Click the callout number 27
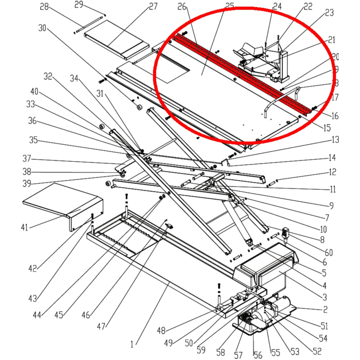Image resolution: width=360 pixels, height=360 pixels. point(153,6)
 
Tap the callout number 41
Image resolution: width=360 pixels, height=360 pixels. point(24,227)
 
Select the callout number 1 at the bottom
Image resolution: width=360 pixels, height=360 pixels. point(132,344)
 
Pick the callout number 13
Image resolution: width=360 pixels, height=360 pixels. point(335,140)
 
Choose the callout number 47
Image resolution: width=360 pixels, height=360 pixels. point(101,327)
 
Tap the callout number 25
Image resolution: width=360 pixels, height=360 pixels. point(229,6)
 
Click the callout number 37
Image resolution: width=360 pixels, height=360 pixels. point(27,158)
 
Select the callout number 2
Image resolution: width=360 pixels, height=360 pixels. point(325,309)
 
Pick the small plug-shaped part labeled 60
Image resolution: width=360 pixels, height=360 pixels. point(287,232)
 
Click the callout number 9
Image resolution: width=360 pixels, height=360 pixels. point(331,207)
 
